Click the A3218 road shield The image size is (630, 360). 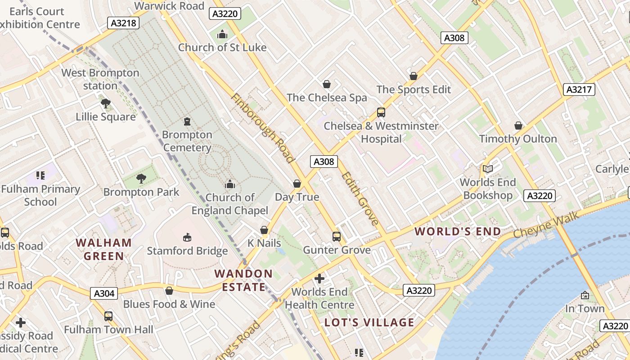[x=122, y=22]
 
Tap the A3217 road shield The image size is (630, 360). [x=579, y=90]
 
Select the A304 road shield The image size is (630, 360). [x=104, y=294]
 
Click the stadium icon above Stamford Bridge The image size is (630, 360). [x=187, y=237]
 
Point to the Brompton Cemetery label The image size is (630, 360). [x=187, y=141]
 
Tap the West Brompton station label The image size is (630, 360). [x=100, y=79]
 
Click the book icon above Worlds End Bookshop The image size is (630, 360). [x=488, y=169]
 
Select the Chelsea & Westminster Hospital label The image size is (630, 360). [x=381, y=132]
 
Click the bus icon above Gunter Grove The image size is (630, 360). [x=336, y=237]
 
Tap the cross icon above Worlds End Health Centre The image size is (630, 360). [x=319, y=279]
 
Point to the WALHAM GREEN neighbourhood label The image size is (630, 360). [x=104, y=249]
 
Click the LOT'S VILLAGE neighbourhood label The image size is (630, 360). [x=369, y=322]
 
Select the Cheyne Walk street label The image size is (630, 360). [x=540, y=226]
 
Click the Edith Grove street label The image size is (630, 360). [x=360, y=198]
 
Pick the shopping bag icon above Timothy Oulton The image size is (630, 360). [x=518, y=126]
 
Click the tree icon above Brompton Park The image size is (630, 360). [x=141, y=179]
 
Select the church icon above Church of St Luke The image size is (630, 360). [x=222, y=34]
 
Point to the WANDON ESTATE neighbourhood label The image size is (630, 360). [x=243, y=280]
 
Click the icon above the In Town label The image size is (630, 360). [x=585, y=295]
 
